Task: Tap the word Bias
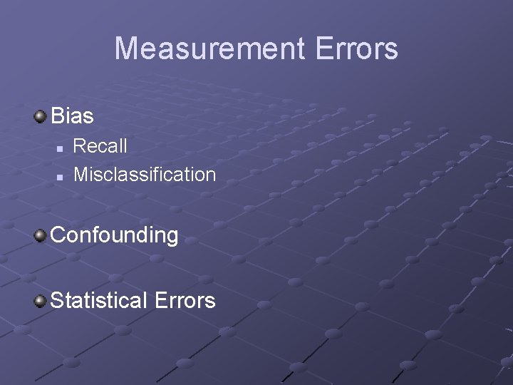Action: click(x=73, y=115)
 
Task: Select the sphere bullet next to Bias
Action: click(x=41, y=114)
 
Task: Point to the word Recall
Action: click(x=100, y=146)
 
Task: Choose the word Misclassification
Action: click(x=145, y=174)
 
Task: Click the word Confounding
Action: click(x=115, y=235)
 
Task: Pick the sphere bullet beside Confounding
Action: click(x=41, y=234)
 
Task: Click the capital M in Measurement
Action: click(x=125, y=49)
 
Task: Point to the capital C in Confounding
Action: click(x=59, y=235)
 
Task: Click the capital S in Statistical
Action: click(x=58, y=300)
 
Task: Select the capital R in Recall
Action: click(x=80, y=146)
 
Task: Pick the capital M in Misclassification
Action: click(x=81, y=174)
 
